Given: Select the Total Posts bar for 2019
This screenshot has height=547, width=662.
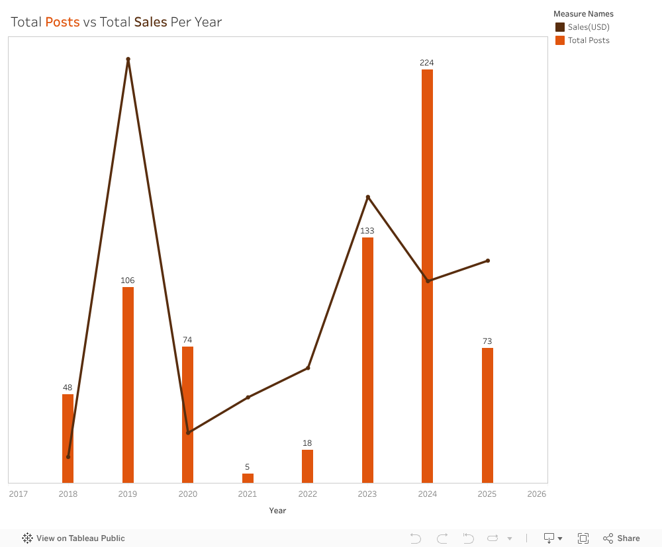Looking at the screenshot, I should (128, 384).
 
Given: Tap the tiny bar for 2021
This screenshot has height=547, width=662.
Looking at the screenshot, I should (248, 478).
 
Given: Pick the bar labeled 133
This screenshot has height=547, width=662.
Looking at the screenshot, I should (367, 360).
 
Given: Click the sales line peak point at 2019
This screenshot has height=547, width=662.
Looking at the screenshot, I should (128, 59).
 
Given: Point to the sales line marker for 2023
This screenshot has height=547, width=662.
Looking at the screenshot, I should (368, 197).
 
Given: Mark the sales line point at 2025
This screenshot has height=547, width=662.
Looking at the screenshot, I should (488, 261).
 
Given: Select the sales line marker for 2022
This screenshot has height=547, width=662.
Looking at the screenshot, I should (308, 368).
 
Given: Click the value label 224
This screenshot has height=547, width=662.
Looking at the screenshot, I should (427, 63).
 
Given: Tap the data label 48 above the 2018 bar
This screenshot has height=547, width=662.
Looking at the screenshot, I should (68, 388).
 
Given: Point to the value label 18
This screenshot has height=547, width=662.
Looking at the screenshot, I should (307, 443).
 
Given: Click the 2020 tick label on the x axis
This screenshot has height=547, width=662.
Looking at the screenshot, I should (187, 493).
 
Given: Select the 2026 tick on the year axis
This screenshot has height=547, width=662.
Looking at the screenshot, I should (537, 493).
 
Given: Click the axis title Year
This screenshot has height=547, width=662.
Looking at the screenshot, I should (277, 511).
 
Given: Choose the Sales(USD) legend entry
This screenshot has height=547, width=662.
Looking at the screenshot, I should (589, 27).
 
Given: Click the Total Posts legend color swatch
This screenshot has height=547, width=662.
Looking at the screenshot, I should (560, 40).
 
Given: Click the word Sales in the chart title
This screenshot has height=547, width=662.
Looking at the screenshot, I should (150, 22).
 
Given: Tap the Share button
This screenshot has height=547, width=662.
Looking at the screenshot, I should (622, 538).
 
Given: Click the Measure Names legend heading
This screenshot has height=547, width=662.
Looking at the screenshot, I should (583, 14).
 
